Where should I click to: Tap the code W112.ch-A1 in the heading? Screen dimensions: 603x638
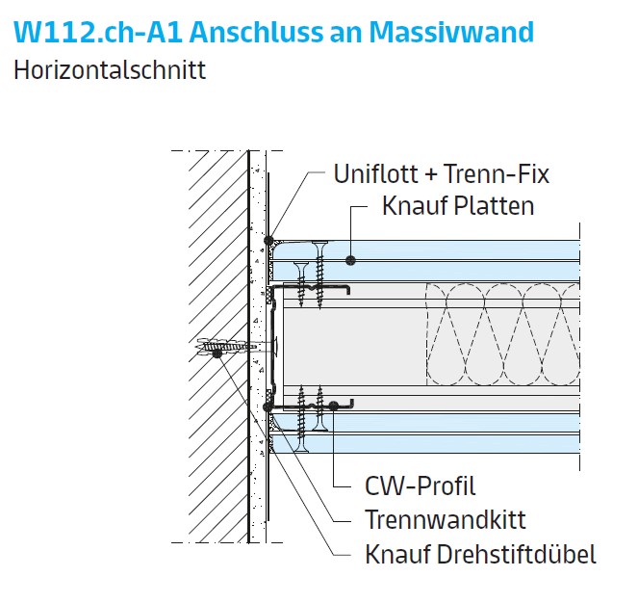tap(96, 32)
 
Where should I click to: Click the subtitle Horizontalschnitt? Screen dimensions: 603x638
tap(109, 70)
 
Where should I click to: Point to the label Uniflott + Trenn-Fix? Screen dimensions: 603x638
tap(441, 174)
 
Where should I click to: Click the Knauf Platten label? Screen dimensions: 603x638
tap(457, 206)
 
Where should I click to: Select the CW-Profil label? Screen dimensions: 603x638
tap(420, 486)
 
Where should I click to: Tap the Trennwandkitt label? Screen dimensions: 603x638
tap(445, 520)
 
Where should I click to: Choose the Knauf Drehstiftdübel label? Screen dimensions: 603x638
tap(480, 554)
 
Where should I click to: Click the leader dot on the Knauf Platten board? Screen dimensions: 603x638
tap(352, 259)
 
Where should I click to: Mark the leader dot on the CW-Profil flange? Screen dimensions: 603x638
tap(332, 406)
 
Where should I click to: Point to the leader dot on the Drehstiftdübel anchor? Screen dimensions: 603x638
tap(217, 353)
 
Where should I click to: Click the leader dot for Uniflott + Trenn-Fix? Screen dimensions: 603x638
tap(271, 240)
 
